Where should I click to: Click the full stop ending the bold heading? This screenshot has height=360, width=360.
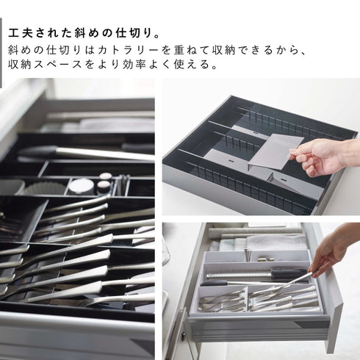coord(157,36)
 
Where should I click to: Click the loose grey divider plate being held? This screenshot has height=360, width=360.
coord(276,153)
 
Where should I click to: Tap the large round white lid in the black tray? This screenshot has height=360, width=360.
coord(81,185)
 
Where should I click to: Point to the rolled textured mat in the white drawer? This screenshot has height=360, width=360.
coord(255,231)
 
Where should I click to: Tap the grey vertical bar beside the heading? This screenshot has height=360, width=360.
coord(1,53)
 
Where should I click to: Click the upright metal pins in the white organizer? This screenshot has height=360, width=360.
coord(248,255)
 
